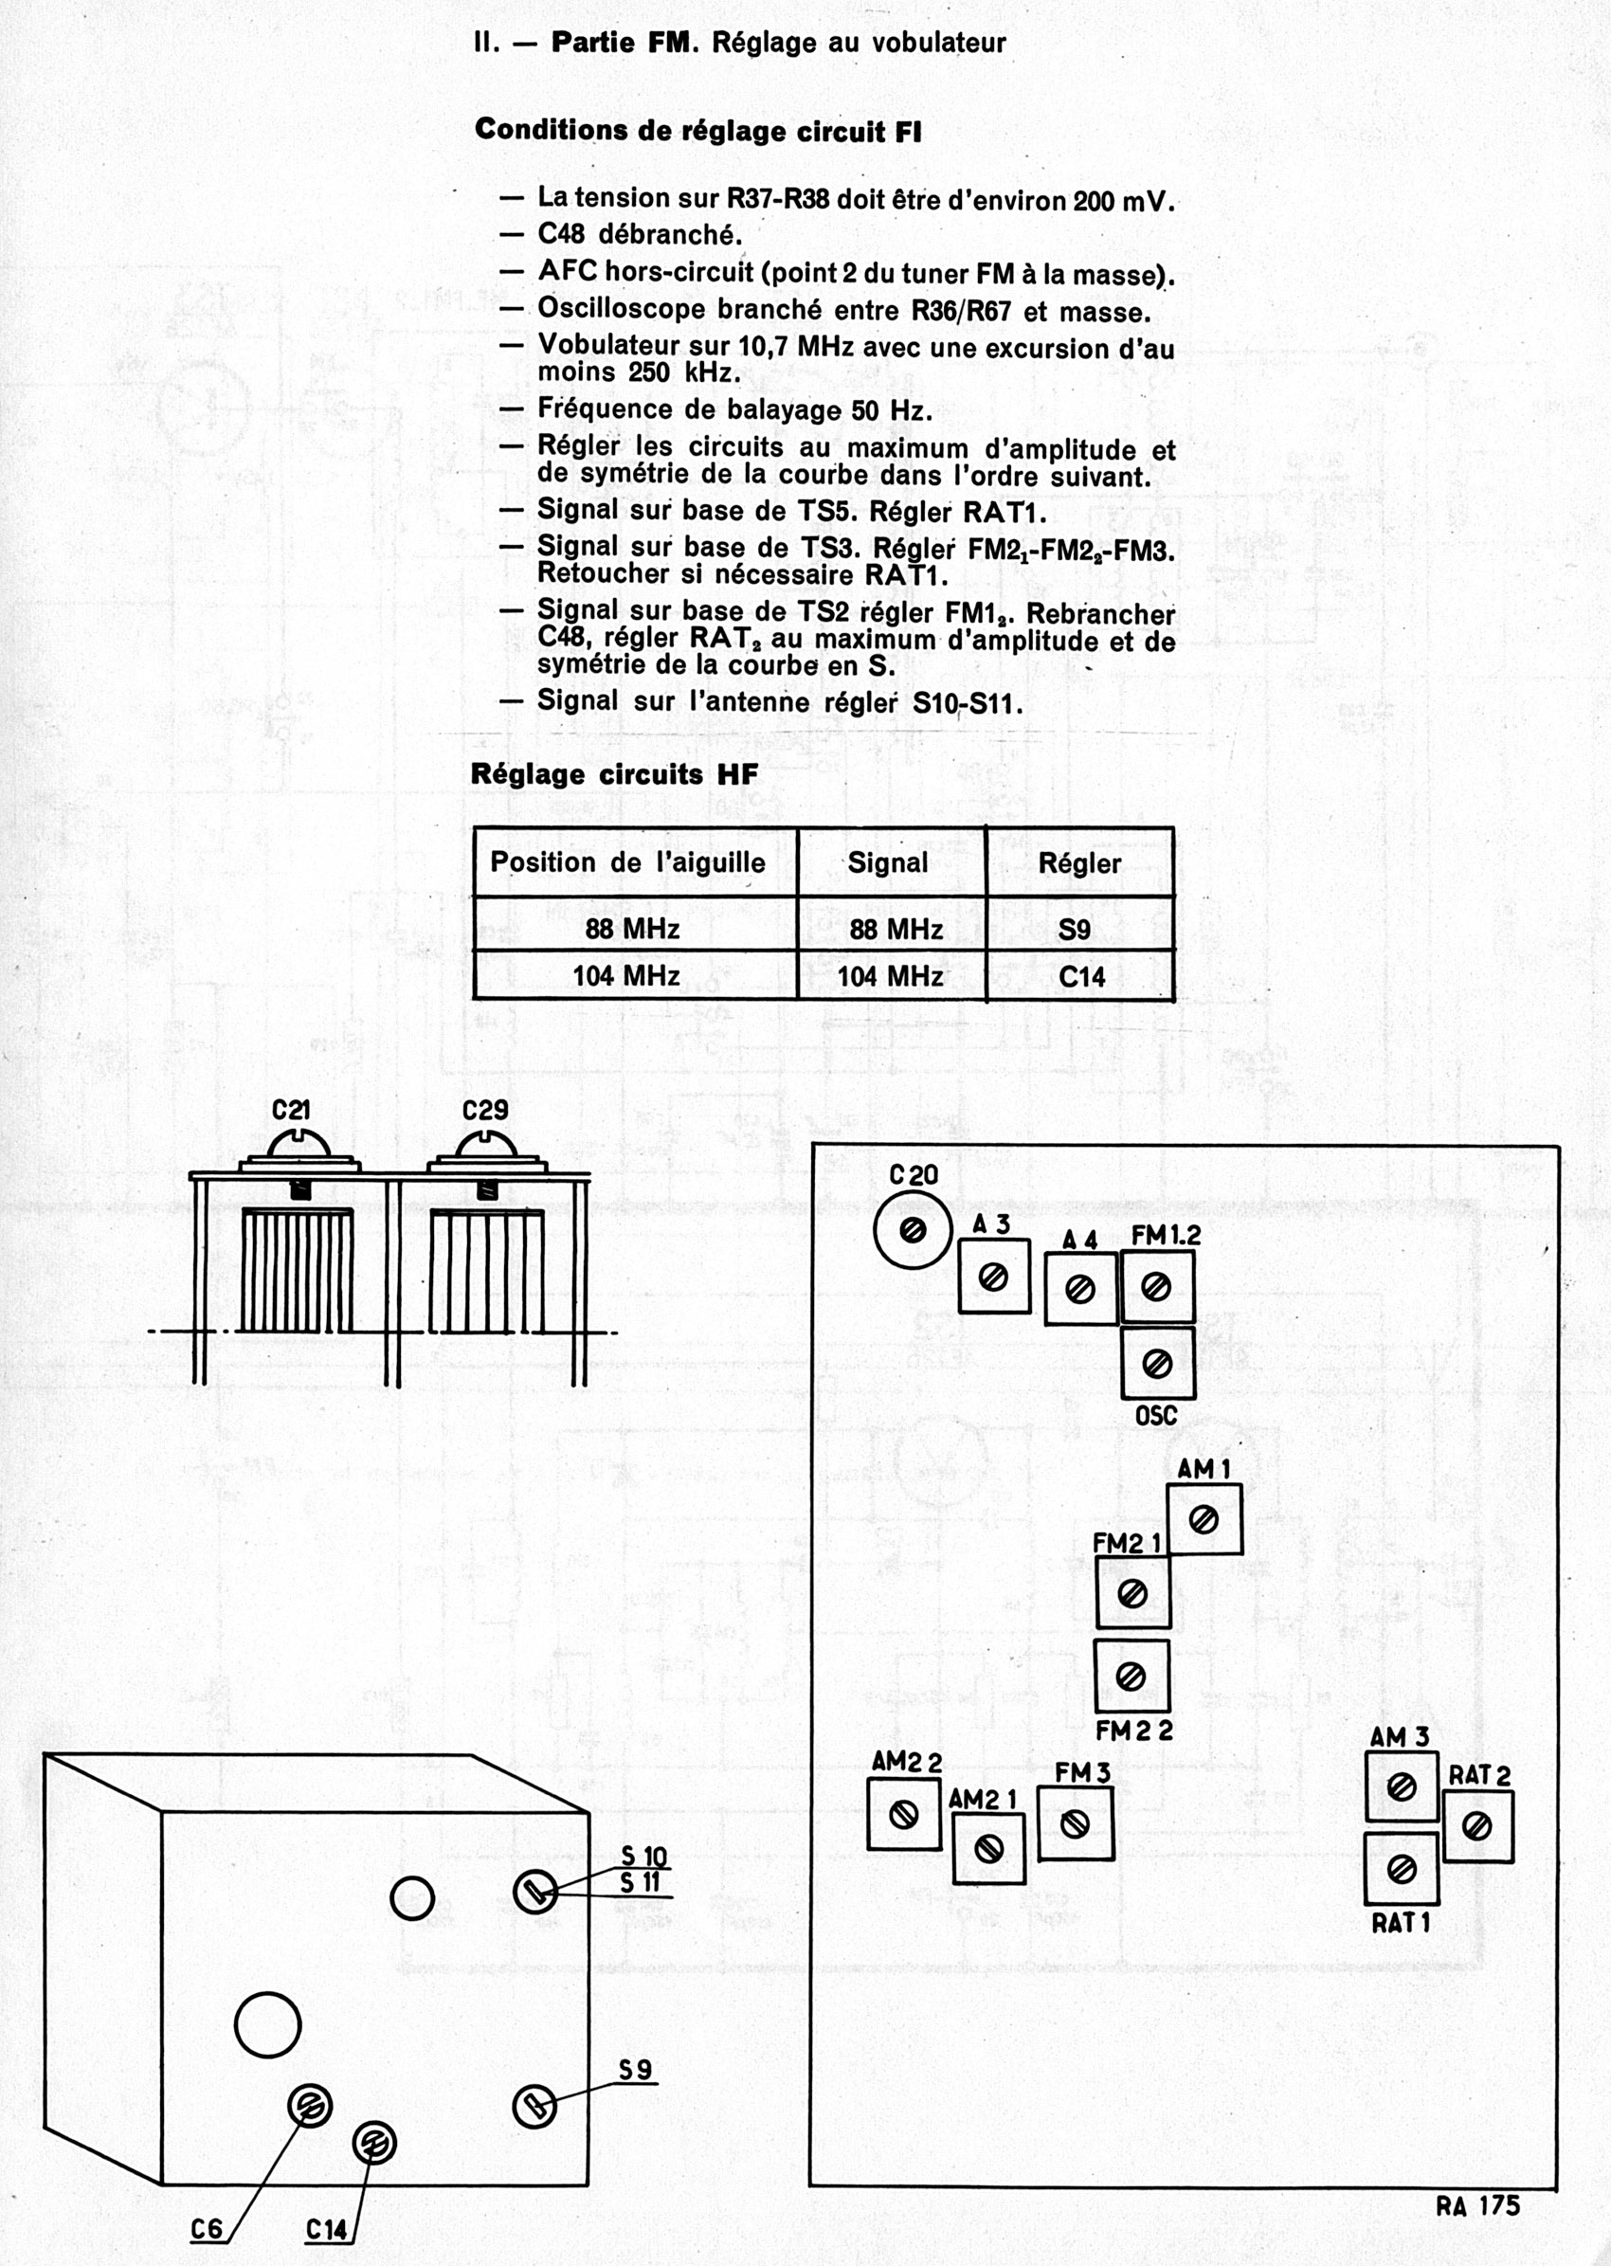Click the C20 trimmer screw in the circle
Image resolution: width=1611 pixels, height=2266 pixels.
913,1231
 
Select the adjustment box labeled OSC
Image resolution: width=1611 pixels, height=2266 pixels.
1157,1363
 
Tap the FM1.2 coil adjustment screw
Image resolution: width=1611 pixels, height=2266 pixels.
1156,1287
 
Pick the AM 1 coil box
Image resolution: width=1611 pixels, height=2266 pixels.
1204,1519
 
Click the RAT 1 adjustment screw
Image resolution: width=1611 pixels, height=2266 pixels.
1401,1869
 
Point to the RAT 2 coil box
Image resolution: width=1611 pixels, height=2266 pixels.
1477,1826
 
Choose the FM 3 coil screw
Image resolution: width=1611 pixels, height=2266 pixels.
1076,1823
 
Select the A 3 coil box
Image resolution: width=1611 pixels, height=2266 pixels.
993,1278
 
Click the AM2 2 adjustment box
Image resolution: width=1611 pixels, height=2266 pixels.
904,1815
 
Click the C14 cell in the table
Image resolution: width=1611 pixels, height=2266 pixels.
1081,977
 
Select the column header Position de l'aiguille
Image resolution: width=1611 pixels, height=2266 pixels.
627,862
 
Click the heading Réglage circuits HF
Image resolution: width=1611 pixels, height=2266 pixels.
614,775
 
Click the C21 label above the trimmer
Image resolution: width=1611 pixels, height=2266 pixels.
291,1110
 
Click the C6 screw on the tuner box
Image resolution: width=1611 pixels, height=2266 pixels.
310,2105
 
